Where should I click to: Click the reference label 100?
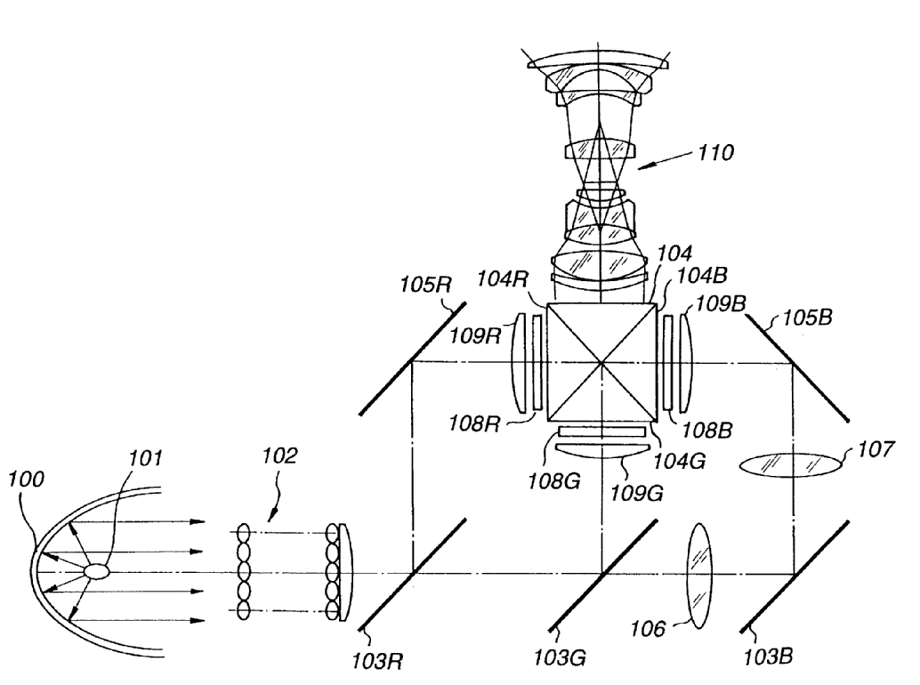[26, 479]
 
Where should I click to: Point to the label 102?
[279, 455]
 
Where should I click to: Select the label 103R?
[377, 662]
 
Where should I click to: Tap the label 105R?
[426, 285]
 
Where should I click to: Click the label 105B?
[807, 318]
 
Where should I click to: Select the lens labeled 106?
[698, 576]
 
